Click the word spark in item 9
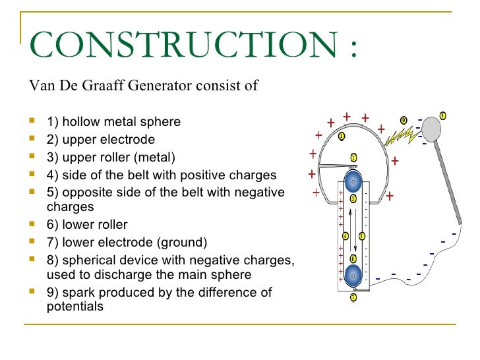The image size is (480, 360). coord(77,292)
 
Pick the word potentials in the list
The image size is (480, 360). coord(75,307)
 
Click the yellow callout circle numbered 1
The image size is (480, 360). coord(342,136)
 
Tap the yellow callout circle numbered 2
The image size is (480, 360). coord(354,158)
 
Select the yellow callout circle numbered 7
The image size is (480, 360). coord(353,297)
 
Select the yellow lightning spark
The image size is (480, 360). coord(399,136)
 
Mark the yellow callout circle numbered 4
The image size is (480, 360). coord(345,236)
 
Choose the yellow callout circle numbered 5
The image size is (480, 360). coord(362,236)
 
